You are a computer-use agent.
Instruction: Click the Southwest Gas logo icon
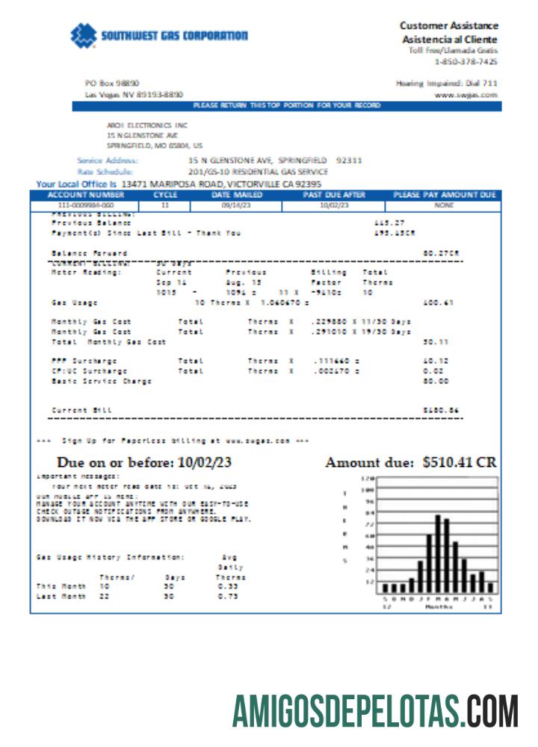click(x=84, y=34)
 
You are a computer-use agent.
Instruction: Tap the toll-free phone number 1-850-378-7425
click(x=466, y=61)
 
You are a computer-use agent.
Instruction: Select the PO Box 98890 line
click(x=112, y=83)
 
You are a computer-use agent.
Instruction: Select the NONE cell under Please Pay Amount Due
click(x=444, y=204)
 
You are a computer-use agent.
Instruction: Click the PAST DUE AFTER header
click(x=334, y=195)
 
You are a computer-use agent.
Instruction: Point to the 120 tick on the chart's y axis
click(x=367, y=479)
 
